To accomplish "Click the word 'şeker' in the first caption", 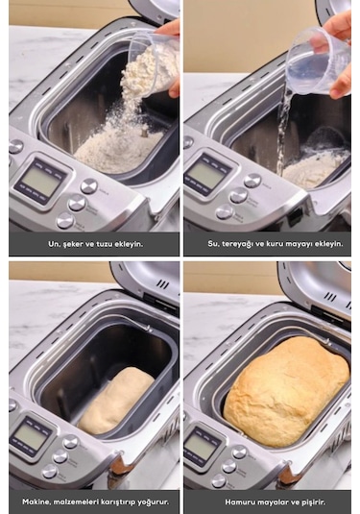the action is (71, 244).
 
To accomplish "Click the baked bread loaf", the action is (286, 392).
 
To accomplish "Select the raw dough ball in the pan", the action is (115, 401).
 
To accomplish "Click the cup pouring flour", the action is (154, 62).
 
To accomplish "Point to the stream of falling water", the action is (282, 131).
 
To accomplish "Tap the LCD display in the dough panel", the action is (31, 436).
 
